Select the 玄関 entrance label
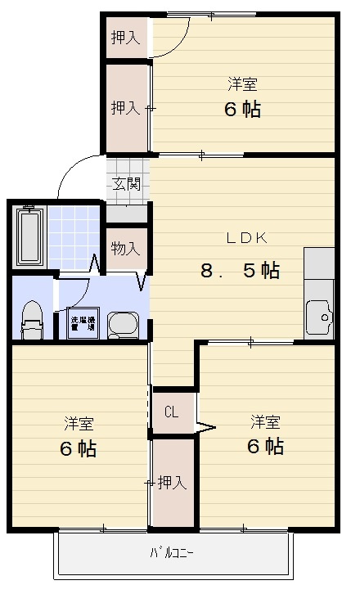point(127,183)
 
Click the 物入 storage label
point(125,247)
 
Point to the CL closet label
point(171,412)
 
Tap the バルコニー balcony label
point(171,553)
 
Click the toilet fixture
point(32,320)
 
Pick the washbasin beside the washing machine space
point(125,324)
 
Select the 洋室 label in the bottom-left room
point(79,424)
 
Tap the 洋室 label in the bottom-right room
point(265,422)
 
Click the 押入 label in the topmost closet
point(125,37)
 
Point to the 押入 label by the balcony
point(173,482)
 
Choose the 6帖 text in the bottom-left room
point(78,449)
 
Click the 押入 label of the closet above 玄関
point(125,107)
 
